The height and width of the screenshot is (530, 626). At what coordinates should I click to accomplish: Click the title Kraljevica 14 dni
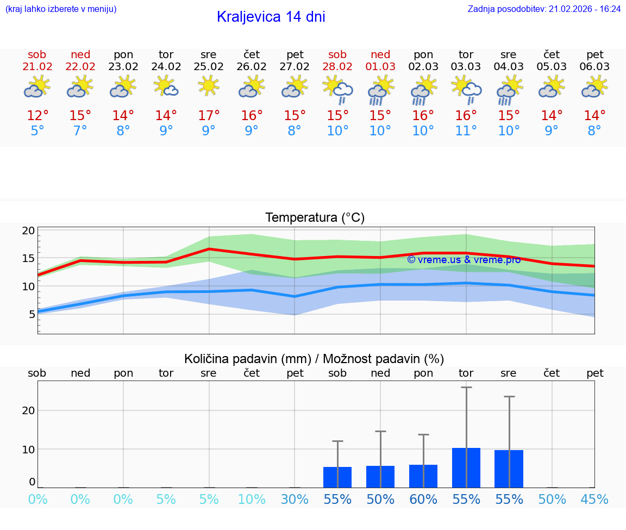coord(271,17)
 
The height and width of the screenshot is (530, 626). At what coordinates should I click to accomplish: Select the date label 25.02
coord(208,67)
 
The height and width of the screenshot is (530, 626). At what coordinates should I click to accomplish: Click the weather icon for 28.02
coord(337,89)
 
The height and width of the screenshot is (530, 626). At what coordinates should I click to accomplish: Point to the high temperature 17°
coord(209,116)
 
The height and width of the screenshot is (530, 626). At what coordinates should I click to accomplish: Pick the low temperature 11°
coord(466,131)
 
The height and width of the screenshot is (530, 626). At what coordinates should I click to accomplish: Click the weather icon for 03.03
coord(466,89)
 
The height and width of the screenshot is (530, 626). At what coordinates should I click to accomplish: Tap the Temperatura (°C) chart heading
coord(315,218)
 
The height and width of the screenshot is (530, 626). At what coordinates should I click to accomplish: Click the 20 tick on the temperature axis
coord(28,230)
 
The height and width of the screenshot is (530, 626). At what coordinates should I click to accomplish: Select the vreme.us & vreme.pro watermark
coord(464,260)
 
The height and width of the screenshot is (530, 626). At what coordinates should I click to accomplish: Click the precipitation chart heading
coord(314,359)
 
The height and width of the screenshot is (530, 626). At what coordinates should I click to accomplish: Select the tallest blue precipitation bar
coord(466,467)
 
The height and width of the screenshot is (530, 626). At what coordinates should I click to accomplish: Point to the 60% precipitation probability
coord(423,499)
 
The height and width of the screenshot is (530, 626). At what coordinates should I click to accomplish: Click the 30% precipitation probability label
coord(295,499)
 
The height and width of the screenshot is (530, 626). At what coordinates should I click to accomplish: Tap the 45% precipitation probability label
coord(594,499)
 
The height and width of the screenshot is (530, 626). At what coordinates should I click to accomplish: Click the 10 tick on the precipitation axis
coord(28,449)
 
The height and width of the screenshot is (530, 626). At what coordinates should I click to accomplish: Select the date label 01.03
coord(380,67)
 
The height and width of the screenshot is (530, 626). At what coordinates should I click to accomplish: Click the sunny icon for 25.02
coord(209,85)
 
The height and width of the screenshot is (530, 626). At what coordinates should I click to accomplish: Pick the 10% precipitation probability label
coord(252,499)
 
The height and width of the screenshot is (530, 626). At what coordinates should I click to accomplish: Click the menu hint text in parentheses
coord(61,9)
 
